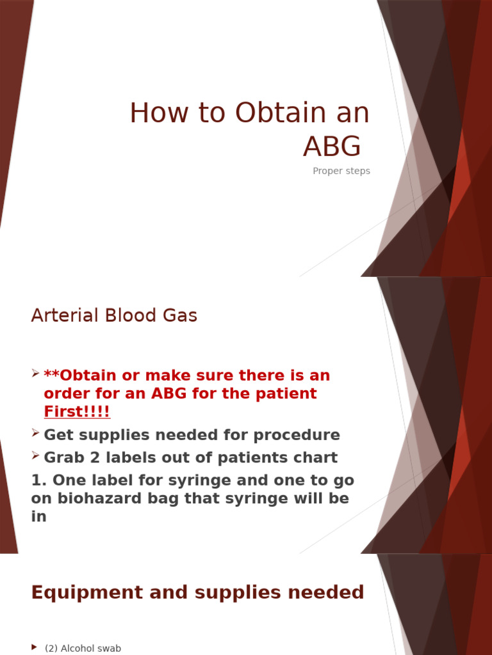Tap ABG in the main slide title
tap(332, 146)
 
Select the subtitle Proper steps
tap(341, 171)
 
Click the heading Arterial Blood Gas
tap(114, 315)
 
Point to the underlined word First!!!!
tap(77, 411)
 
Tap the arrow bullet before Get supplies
tap(36, 434)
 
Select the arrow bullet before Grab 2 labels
tap(36, 457)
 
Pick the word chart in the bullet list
tap(315, 457)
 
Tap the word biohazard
tap(99, 499)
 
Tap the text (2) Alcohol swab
tap(83, 648)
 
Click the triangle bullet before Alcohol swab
tap(34, 648)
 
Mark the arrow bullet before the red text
tap(36, 374)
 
